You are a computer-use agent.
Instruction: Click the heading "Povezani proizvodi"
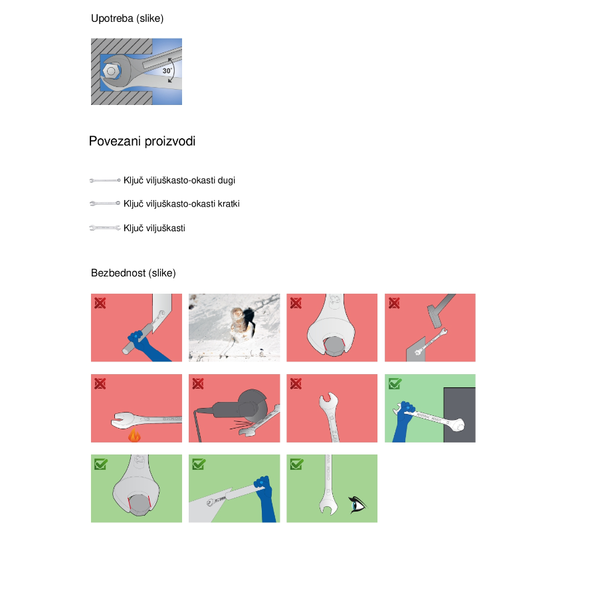point(142,141)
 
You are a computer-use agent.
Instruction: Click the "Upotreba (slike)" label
point(127,19)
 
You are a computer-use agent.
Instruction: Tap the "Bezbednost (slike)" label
point(133,273)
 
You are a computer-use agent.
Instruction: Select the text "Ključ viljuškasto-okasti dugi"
point(179,180)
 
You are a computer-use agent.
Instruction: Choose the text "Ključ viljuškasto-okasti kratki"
point(181,204)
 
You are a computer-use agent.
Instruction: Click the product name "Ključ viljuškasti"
point(154,228)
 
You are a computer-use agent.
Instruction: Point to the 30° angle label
point(167,70)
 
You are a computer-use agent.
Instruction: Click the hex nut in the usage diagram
point(111,71)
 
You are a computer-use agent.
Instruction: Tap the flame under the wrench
point(134,435)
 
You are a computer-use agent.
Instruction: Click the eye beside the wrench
point(357,504)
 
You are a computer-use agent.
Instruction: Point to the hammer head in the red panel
point(435,316)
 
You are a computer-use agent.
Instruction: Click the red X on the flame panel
point(100,383)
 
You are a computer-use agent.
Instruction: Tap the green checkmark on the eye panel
point(296,464)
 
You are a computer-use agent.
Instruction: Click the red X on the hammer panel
point(394,303)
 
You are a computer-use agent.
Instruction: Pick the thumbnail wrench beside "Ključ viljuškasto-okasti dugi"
point(105,180)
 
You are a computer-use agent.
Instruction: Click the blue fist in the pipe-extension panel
point(136,337)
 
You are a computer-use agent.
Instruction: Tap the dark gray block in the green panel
point(459,415)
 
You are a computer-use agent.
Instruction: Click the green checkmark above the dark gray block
point(395,383)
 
